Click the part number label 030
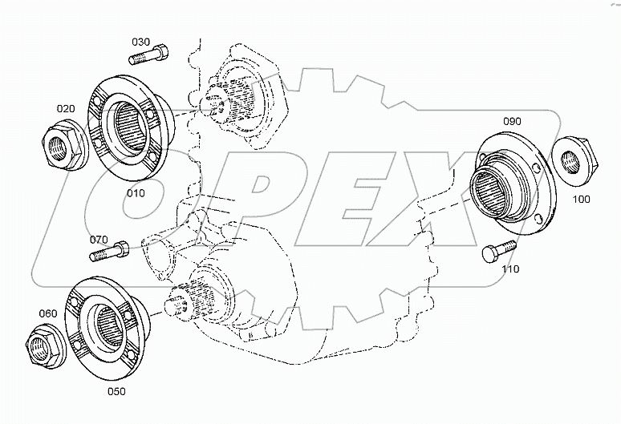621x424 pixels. pyautogui.click(x=141, y=42)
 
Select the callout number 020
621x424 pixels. pyautogui.click(x=66, y=108)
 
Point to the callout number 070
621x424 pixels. pyautogui.click(x=99, y=239)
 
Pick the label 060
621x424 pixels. pyautogui.click(x=47, y=313)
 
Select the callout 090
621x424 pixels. pyautogui.click(x=512, y=121)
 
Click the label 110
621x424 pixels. pyautogui.click(x=509, y=269)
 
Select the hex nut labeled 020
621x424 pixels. pyautogui.click(x=59, y=144)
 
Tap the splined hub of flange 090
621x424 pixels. pyautogui.click(x=488, y=196)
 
